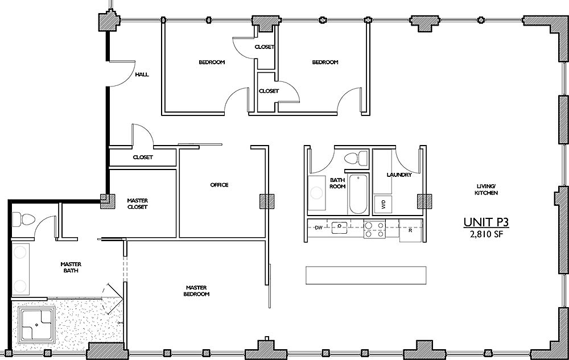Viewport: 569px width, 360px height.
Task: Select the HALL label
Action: coord(142,75)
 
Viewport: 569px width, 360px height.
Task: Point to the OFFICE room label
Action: coord(219,185)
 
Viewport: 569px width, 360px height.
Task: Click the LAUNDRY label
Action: coord(398,175)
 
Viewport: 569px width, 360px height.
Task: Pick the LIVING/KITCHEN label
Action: coord(487,190)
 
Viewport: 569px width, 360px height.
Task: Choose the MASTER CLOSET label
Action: coord(137,204)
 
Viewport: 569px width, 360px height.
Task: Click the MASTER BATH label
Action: coord(71,267)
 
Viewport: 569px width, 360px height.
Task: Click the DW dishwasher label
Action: coord(319,228)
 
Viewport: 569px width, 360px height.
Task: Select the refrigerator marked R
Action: coord(410,231)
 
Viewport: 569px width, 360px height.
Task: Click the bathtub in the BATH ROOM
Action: coord(358,194)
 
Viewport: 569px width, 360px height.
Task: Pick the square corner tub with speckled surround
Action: coord(37,325)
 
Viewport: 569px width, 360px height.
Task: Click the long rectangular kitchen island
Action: coord(366,275)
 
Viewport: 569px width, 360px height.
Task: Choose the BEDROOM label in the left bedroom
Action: coord(211,62)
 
